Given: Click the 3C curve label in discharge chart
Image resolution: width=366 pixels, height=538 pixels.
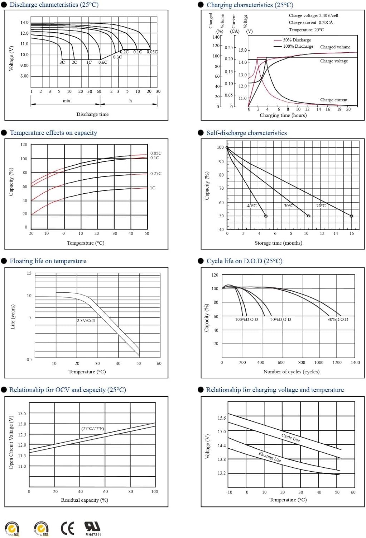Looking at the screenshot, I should click(x=62, y=62).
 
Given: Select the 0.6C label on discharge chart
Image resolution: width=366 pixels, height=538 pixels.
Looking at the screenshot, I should click(x=103, y=62).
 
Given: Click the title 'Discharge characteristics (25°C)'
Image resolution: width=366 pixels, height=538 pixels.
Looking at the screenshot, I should click(x=54, y=5).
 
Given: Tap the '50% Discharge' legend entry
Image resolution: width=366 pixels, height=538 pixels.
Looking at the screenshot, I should click(x=297, y=40).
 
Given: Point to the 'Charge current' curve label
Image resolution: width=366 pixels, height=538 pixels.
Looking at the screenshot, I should click(x=334, y=100).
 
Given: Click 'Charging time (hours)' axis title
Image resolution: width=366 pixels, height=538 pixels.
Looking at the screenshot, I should click(x=283, y=115).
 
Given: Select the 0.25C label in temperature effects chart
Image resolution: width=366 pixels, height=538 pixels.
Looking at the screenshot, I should click(x=156, y=174).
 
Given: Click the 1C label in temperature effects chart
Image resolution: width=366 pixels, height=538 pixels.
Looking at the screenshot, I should click(x=153, y=188).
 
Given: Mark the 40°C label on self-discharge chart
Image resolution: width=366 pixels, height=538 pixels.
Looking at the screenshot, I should click(x=252, y=206).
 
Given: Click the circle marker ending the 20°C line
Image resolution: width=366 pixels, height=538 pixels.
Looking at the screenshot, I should click(x=351, y=216).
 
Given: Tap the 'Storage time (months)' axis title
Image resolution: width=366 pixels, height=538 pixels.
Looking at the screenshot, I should click(x=278, y=243).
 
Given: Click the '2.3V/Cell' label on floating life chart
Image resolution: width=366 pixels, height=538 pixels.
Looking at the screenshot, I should click(x=86, y=320).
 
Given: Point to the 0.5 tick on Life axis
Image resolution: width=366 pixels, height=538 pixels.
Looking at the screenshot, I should click(x=29, y=359).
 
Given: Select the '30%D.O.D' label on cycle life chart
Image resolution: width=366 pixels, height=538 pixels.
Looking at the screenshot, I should click(x=338, y=319).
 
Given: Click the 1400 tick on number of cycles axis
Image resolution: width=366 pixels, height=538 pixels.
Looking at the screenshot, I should click(x=355, y=362).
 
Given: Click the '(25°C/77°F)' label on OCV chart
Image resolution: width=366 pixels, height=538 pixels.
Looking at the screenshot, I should click(x=93, y=429).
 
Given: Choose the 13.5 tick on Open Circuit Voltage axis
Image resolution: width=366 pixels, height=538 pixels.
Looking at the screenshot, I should click(x=22, y=414).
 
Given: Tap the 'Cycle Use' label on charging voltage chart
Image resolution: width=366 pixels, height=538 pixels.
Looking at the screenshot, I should click(x=290, y=438).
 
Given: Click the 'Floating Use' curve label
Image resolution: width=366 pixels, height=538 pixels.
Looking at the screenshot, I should click(x=270, y=457).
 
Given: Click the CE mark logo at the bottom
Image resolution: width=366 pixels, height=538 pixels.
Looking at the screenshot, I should click(x=67, y=528).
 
